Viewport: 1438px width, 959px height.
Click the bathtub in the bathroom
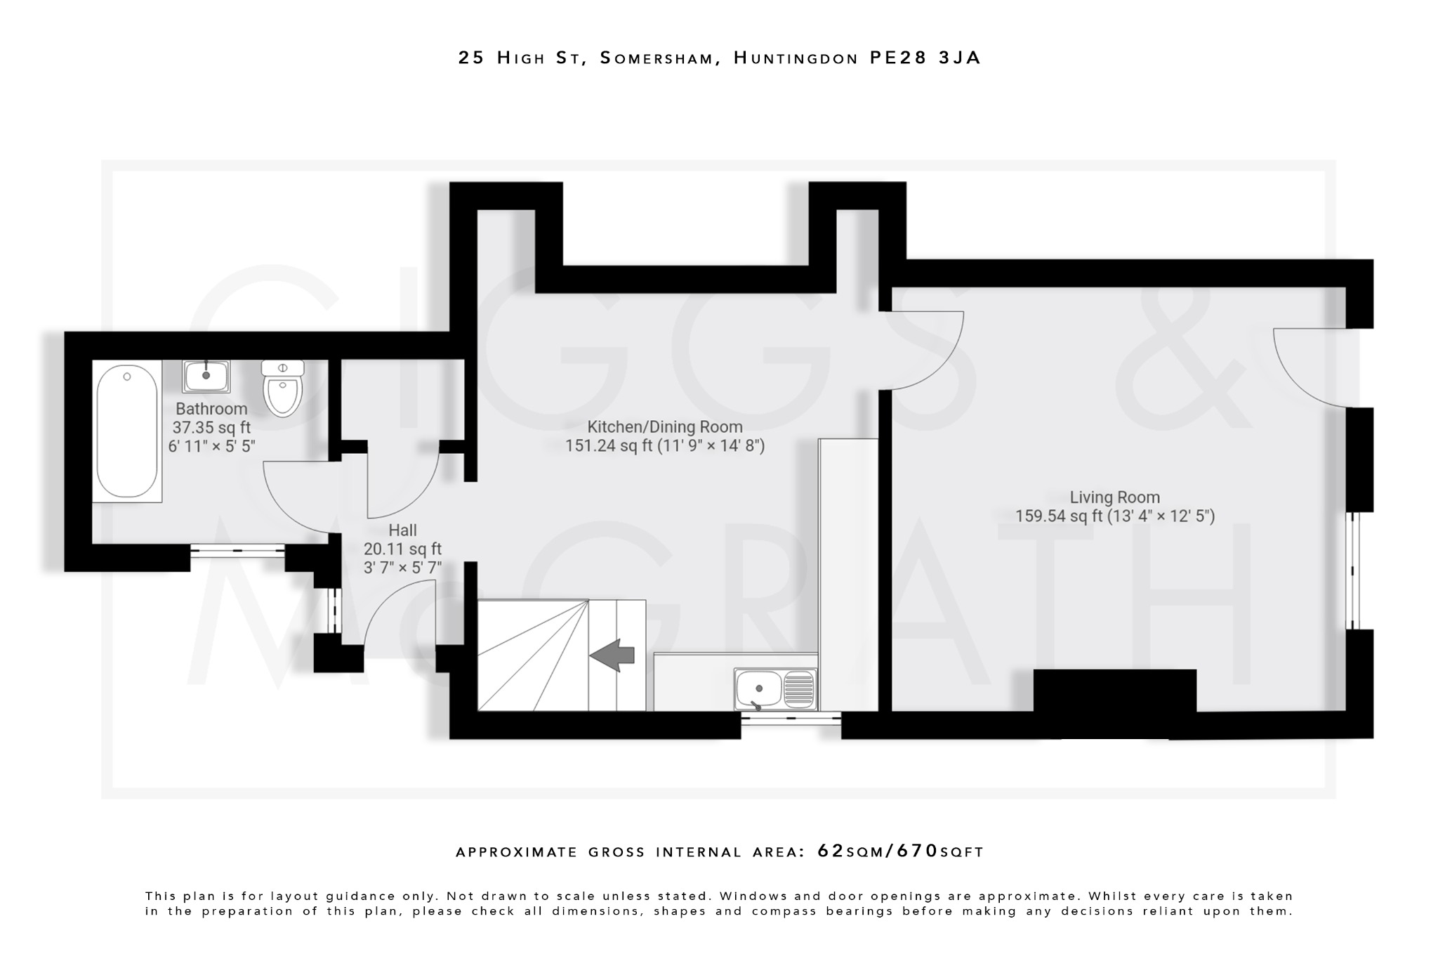click(x=127, y=431)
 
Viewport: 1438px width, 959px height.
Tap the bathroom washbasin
click(x=206, y=376)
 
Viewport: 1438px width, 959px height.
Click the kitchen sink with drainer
click(x=775, y=689)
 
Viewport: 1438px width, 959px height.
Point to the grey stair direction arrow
click(x=612, y=655)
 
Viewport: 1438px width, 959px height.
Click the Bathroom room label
click(x=211, y=409)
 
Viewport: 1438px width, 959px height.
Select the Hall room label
click(x=402, y=530)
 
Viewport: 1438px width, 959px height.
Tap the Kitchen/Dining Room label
click(x=664, y=426)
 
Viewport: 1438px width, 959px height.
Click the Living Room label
click(x=1114, y=497)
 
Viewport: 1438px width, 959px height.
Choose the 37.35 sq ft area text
click(x=211, y=427)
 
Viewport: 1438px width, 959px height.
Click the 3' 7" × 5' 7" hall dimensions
click(x=402, y=567)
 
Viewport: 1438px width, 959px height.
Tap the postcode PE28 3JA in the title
click(x=925, y=58)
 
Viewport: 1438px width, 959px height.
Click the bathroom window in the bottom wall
click(x=237, y=551)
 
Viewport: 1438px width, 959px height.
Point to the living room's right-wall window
click(x=1353, y=570)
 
